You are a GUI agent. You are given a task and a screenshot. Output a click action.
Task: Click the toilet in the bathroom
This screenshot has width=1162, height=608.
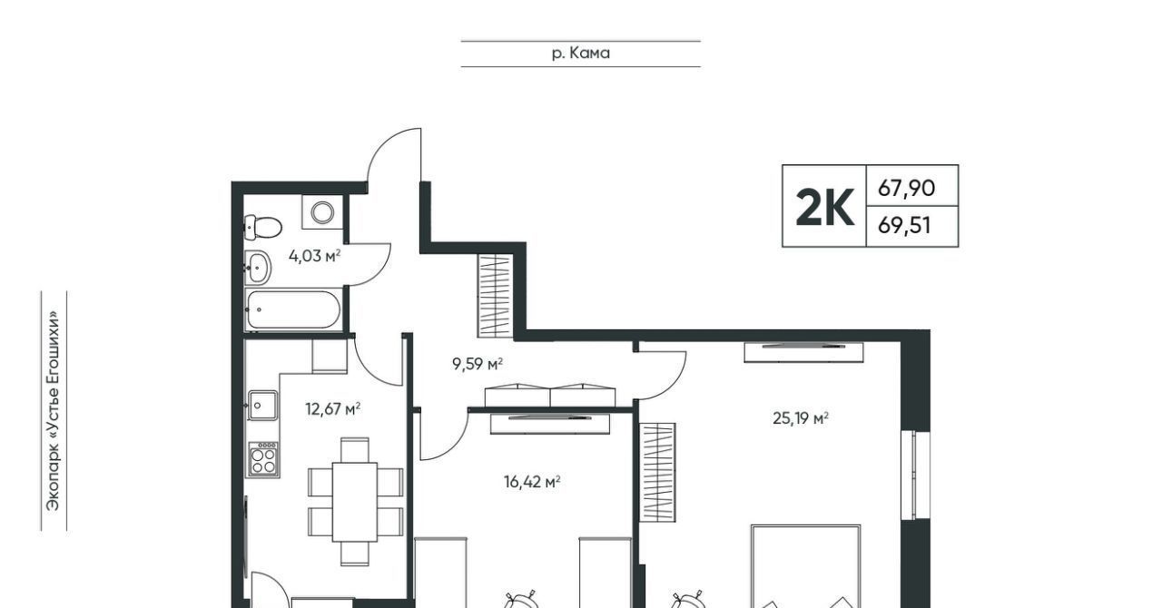click(x=262, y=227)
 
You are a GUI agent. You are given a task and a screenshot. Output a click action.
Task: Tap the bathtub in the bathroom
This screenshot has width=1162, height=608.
click(x=293, y=309)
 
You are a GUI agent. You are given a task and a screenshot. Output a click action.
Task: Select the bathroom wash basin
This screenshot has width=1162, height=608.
click(x=257, y=268)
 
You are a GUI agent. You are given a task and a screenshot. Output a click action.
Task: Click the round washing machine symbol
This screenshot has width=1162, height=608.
click(x=322, y=212)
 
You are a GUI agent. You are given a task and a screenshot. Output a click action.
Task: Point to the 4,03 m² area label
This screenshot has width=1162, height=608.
click(x=314, y=256)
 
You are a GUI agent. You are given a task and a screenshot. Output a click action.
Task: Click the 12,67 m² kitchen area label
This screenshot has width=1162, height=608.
click(x=332, y=408)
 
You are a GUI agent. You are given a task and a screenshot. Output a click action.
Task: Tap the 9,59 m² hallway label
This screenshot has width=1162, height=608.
click(x=478, y=364)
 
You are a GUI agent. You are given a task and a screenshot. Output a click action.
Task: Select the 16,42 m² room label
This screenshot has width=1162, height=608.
click(x=532, y=482)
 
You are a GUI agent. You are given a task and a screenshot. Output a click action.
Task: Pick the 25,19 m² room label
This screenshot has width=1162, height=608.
click(x=801, y=418)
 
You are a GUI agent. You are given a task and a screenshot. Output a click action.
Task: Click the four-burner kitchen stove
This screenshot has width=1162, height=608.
click(x=263, y=458)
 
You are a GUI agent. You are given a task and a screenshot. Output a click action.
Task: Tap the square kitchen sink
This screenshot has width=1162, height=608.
click(x=262, y=405)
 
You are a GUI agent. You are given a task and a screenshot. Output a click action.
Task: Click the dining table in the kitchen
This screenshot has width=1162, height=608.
click(x=355, y=502)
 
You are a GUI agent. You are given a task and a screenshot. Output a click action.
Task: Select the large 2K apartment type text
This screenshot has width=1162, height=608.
click(x=825, y=207)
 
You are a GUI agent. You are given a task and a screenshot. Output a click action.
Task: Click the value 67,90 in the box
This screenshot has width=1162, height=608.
click(x=906, y=188)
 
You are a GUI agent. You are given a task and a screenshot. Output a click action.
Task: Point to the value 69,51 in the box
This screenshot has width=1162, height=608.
click(x=904, y=226)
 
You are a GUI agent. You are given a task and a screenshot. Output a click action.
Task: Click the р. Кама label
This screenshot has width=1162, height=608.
click(x=580, y=53)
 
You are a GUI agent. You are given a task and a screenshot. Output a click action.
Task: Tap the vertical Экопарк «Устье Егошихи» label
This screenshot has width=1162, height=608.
click(x=54, y=411)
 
